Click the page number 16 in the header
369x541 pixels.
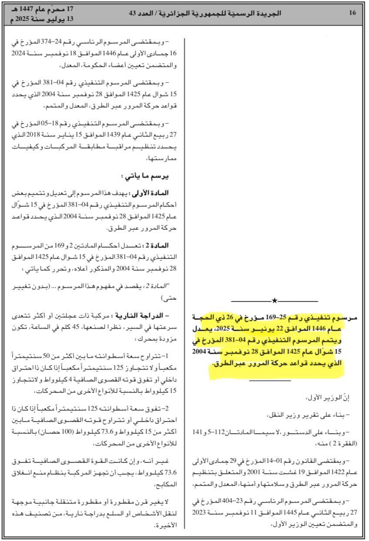352,13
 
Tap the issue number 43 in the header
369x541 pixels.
132,13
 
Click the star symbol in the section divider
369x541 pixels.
274,301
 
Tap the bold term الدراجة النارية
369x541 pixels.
140,315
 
